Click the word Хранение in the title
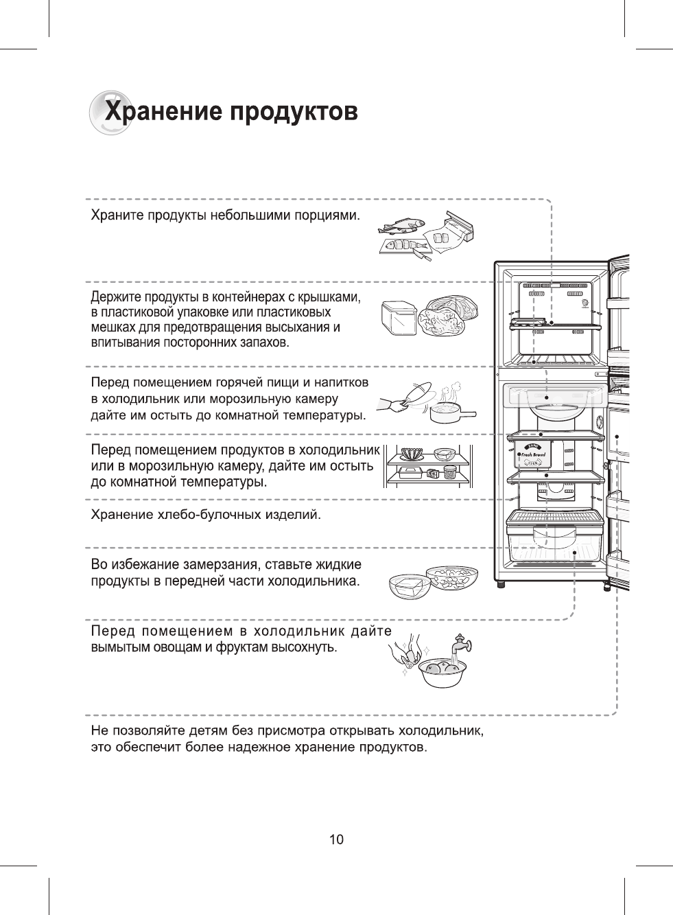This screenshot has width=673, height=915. pyautogui.click(x=161, y=111)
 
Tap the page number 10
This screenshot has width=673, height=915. pyautogui.click(x=336, y=839)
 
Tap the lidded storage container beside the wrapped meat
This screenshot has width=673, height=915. pyautogui.click(x=397, y=318)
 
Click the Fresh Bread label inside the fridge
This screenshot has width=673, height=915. pyautogui.click(x=532, y=454)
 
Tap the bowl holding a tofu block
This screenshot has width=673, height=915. pyautogui.click(x=409, y=586)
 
